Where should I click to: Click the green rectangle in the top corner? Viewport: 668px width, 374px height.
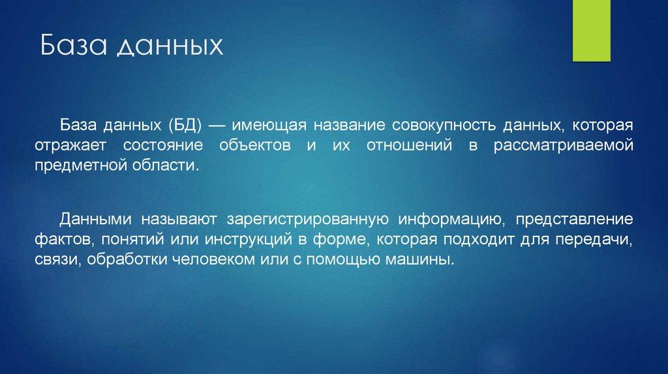(x=591, y=31)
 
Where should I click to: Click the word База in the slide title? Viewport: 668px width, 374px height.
(x=73, y=45)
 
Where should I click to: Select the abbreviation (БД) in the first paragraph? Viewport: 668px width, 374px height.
(x=185, y=126)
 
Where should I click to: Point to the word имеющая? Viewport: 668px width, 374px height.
(x=269, y=126)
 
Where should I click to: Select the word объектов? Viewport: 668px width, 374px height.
(x=255, y=145)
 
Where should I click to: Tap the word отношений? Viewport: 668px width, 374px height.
(x=409, y=145)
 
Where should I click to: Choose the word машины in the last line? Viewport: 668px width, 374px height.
(x=419, y=259)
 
